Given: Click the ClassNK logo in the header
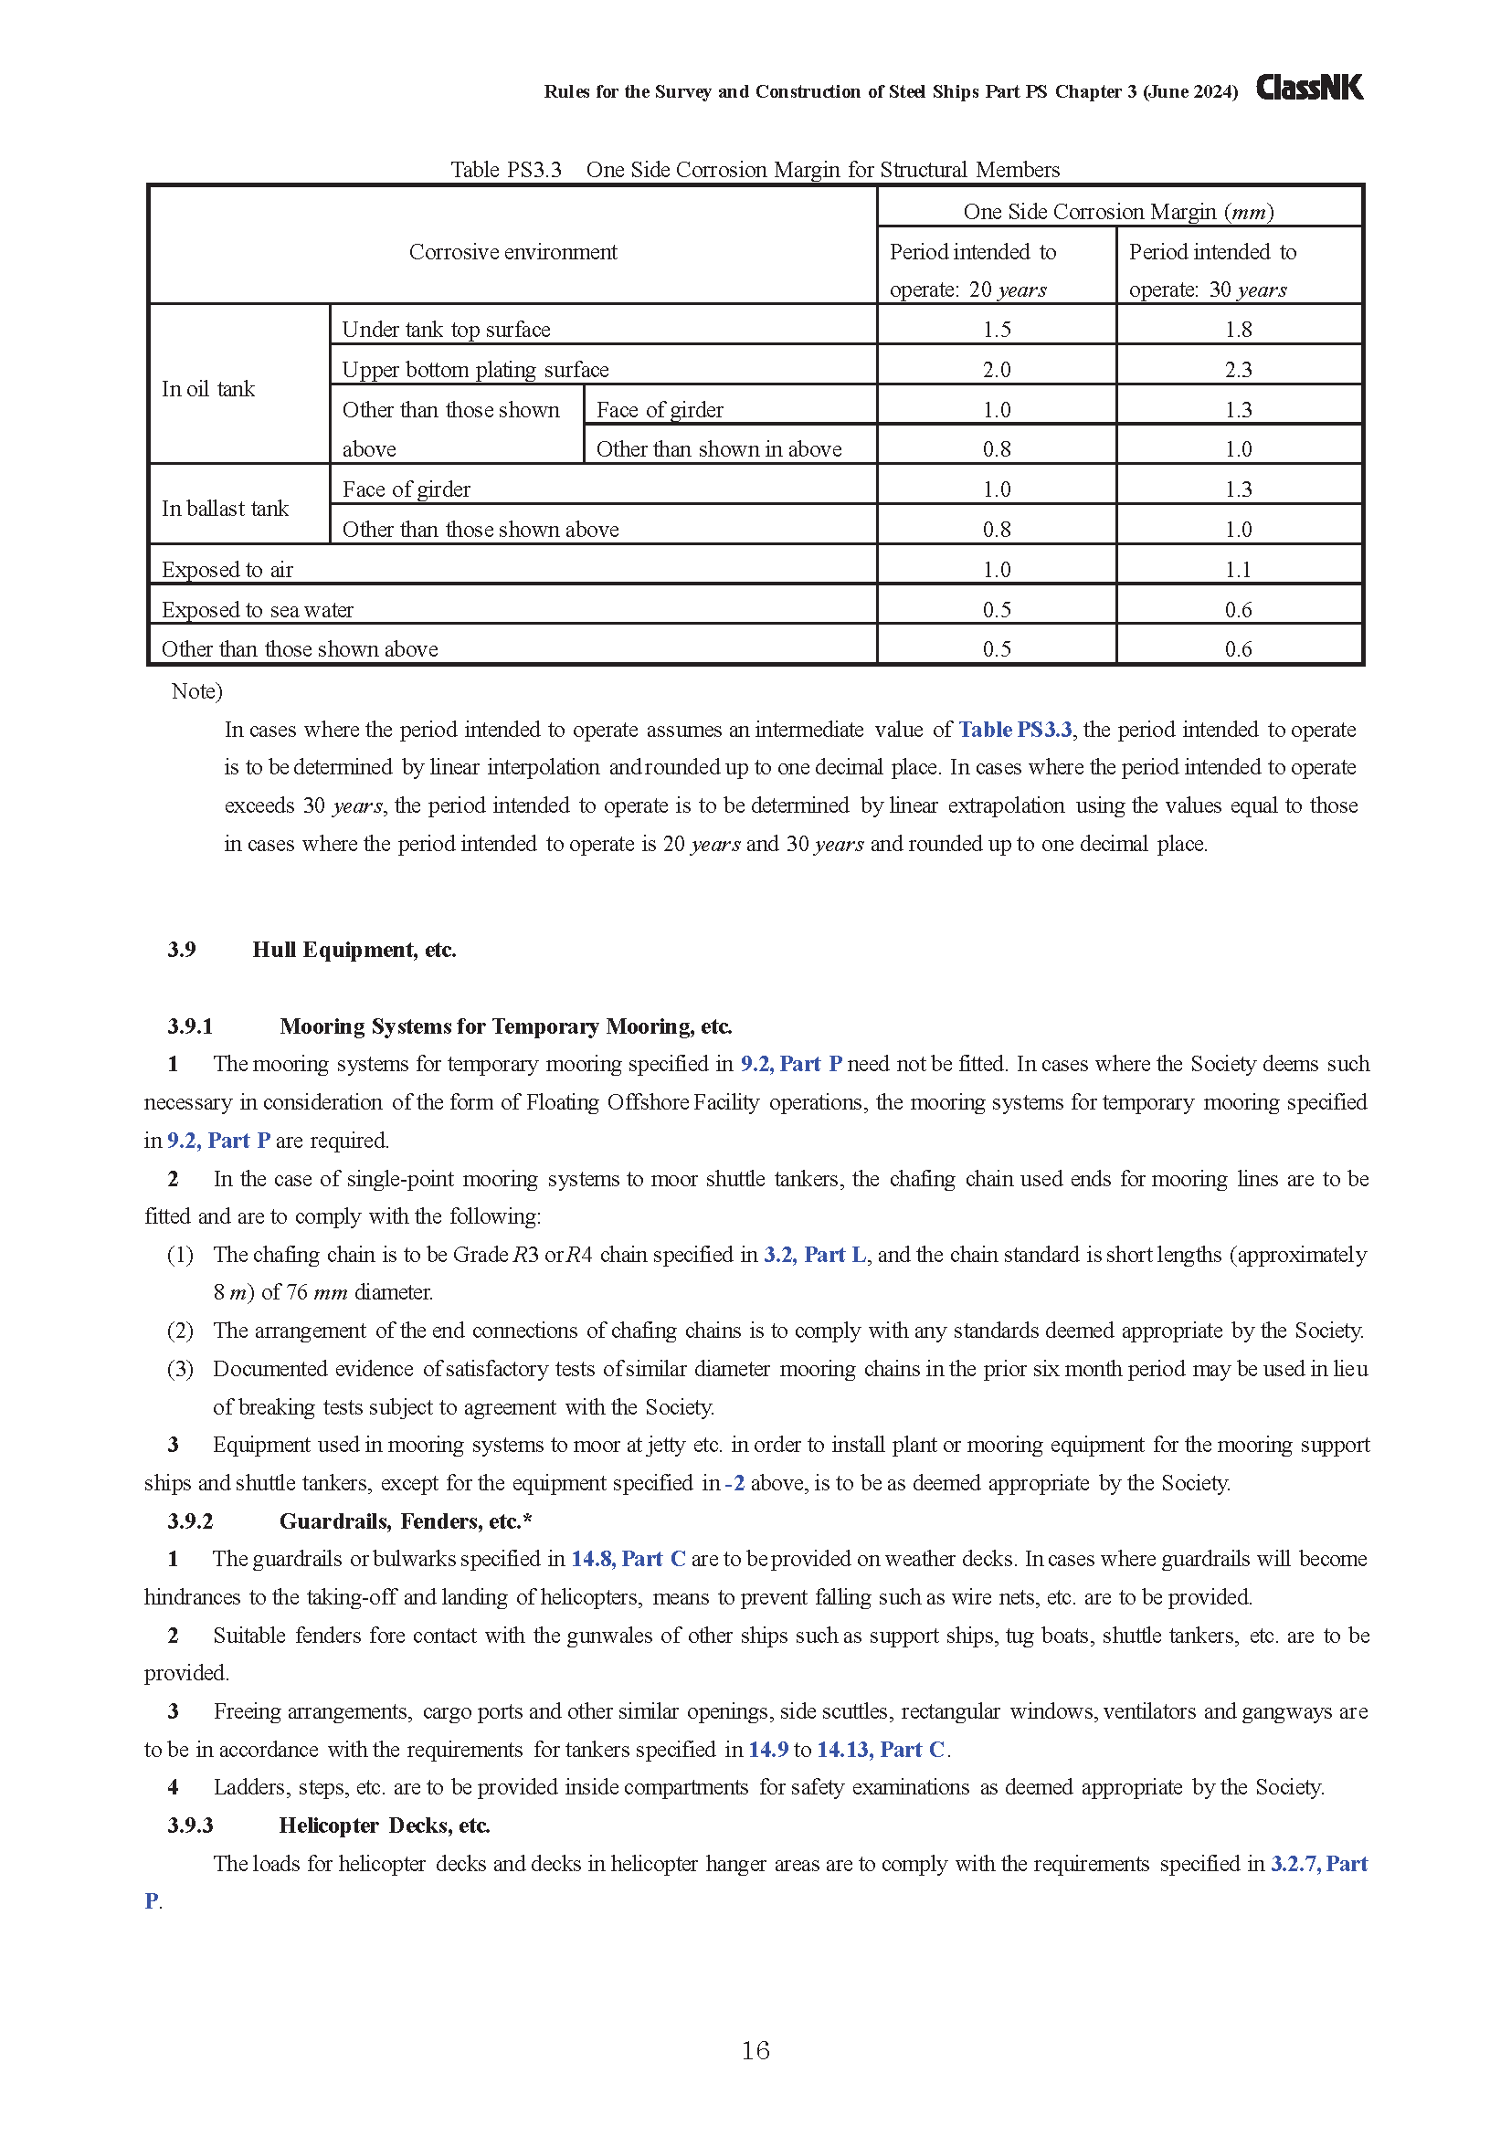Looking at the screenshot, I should pyautogui.click(x=1309, y=89).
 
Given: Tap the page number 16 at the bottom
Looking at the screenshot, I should pyautogui.click(x=755, y=2050).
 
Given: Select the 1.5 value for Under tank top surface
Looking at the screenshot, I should pyautogui.click(x=997, y=330).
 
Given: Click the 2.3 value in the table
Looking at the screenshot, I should pyautogui.click(x=1239, y=369).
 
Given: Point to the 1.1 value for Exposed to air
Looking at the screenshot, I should pyautogui.click(x=1239, y=569).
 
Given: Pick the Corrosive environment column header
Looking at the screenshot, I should pyautogui.click(x=512, y=252).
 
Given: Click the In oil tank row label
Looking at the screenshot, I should pyautogui.click(x=208, y=389).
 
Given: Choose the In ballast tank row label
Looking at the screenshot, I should pyautogui.click(x=225, y=509).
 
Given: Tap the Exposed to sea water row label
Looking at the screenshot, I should pyautogui.click(x=258, y=609).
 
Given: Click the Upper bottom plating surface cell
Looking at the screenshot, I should pyautogui.click(x=475, y=369).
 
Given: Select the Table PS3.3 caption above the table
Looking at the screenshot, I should pyautogui.click(x=755, y=169).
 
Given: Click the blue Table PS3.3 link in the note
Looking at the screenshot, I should pyautogui.click(x=1015, y=730).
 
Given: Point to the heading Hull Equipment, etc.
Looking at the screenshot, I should pyautogui.click(x=354, y=950).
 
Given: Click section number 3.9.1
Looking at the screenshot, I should pyautogui.click(x=191, y=1026).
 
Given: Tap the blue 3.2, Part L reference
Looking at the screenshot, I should pyautogui.click(x=815, y=1255).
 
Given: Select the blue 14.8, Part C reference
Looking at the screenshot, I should pyautogui.click(x=628, y=1559).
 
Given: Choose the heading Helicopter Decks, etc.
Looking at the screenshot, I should pyautogui.click(x=385, y=1826).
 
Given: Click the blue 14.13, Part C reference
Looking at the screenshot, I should pyautogui.click(x=880, y=1750).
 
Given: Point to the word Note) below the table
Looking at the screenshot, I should pyautogui.click(x=197, y=691).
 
